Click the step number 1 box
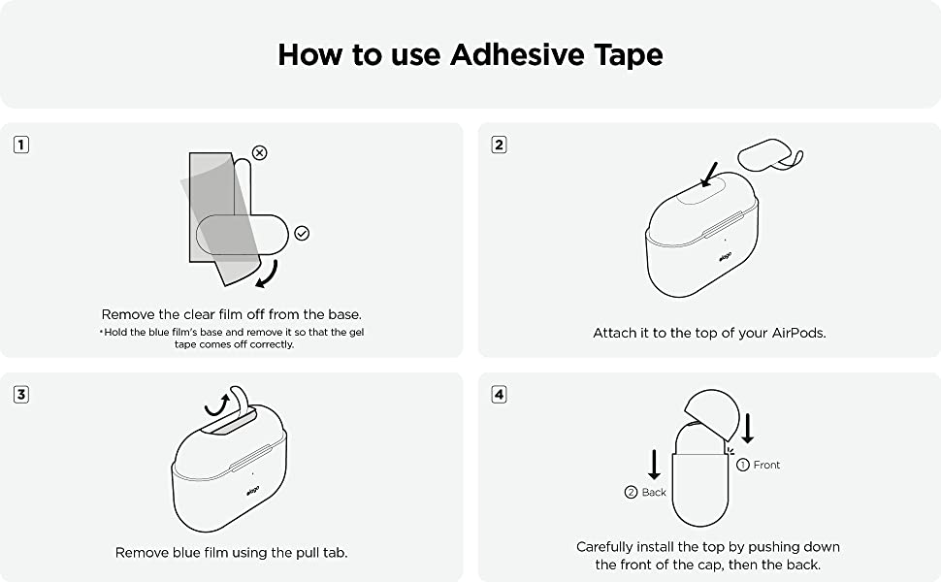click(x=21, y=145)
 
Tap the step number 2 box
click(x=499, y=145)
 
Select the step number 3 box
click(x=21, y=394)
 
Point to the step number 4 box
click(x=499, y=394)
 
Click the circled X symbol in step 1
click(x=259, y=153)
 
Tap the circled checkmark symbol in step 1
click(x=302, y=233)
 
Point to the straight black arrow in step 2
click(x=709, y=174)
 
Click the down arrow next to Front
click(x=747, y=429)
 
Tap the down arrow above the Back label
click(x=654, y=465)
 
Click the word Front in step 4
click(x=766, y=465)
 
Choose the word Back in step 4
click(x=654, y=493)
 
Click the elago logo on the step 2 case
click(x=726, y=257)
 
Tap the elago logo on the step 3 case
click(x=252, y=491)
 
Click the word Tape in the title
click(x=629, y=54)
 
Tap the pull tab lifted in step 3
click(x=240, y=399)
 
